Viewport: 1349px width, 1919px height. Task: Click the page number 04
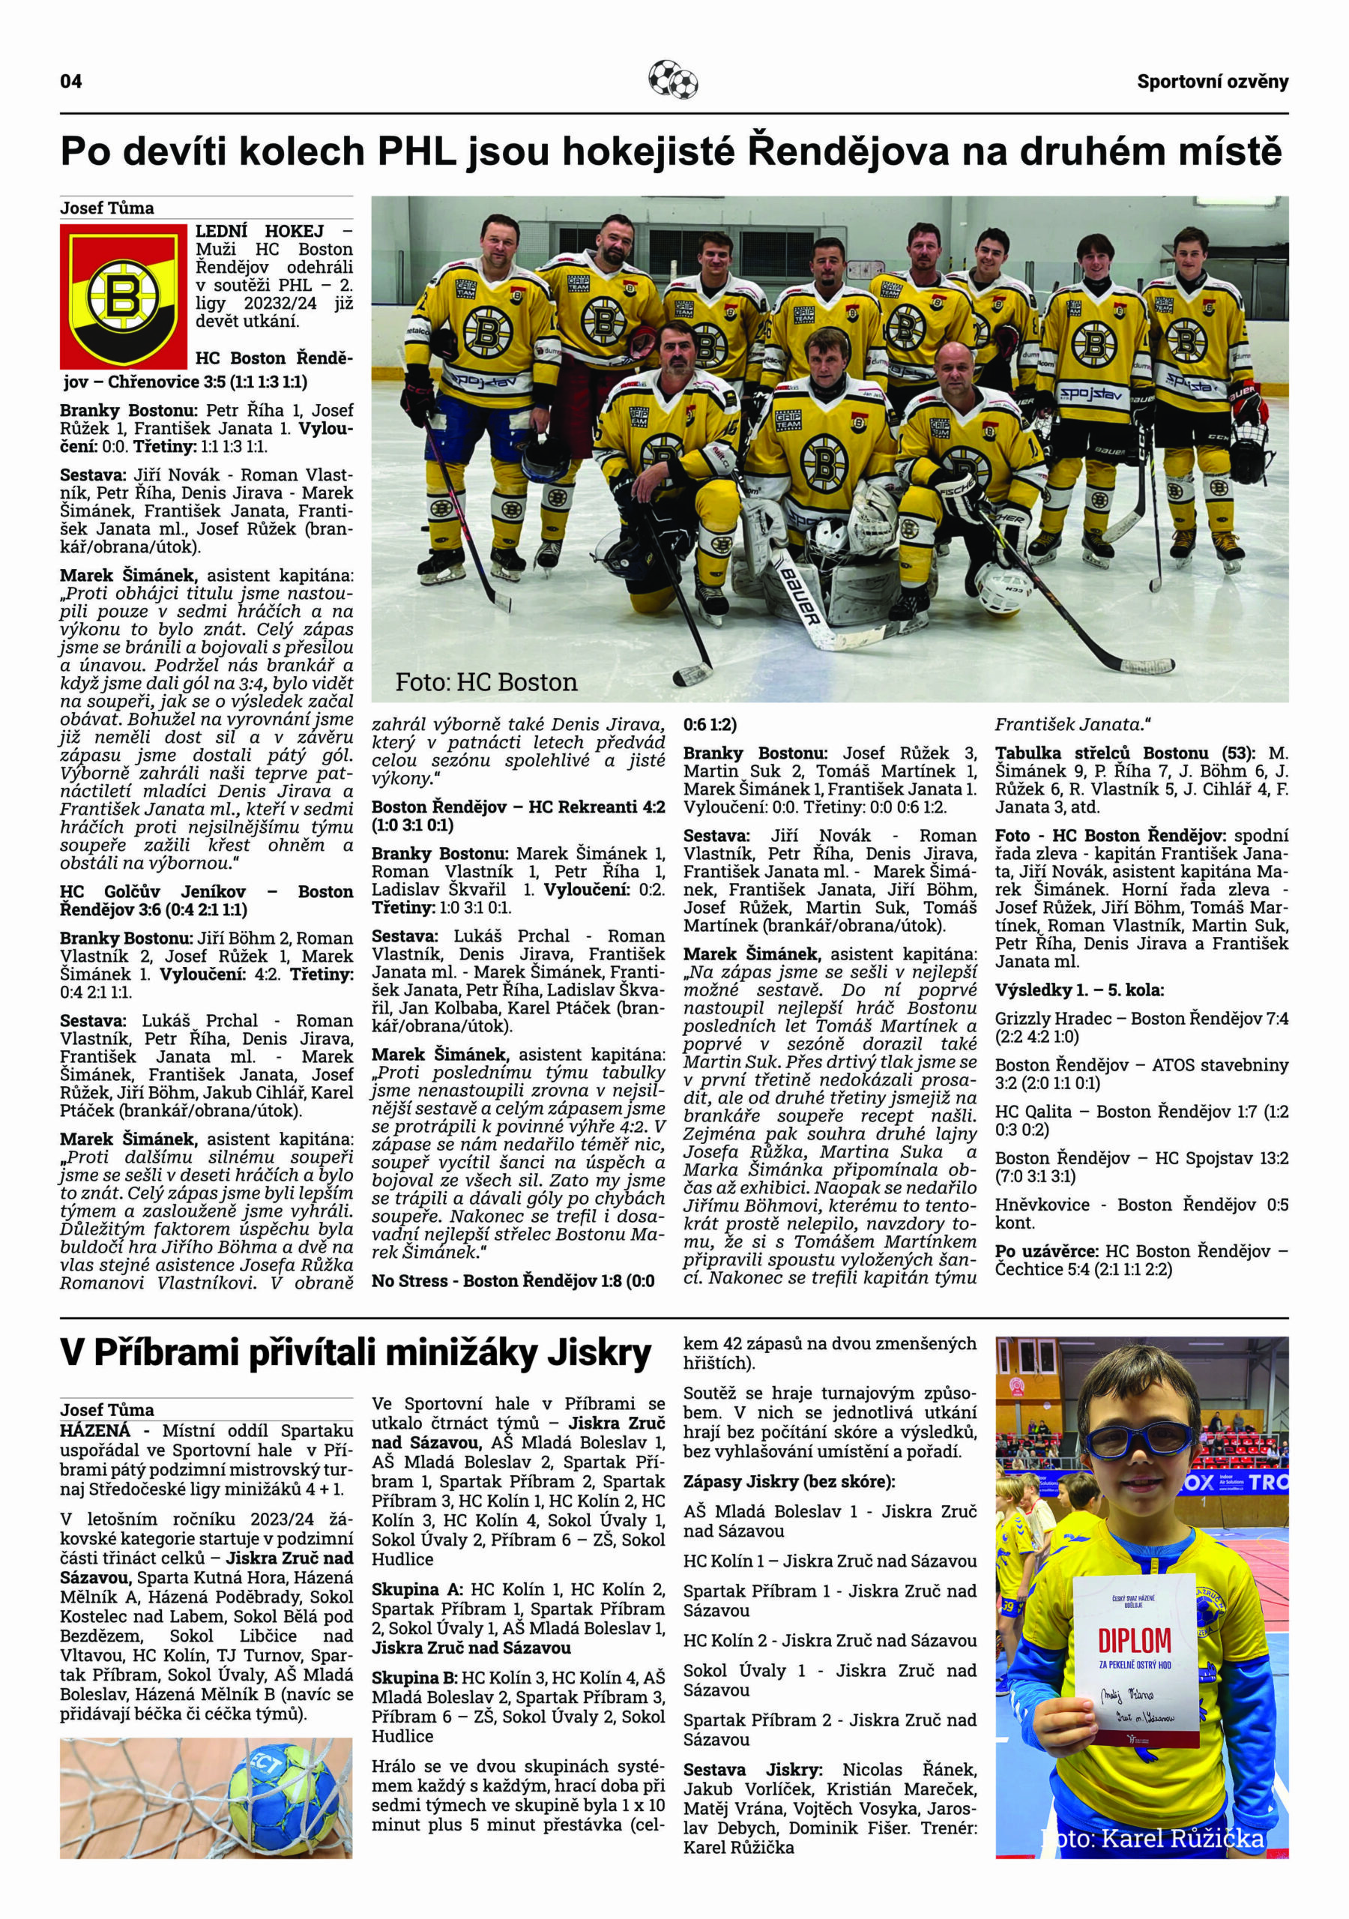point(71,81)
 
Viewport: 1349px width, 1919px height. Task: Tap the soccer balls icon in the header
point(673,80)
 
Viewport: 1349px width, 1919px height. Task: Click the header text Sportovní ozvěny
point(1212,81)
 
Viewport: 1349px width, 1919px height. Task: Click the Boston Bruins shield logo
point(124,296)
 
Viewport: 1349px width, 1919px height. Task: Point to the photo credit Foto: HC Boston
point(486,682)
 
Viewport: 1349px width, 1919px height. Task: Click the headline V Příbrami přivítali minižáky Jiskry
point(355,1352)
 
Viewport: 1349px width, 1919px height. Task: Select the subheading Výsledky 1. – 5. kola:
point(1079,989)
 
